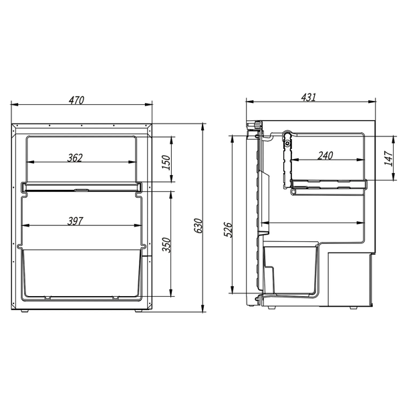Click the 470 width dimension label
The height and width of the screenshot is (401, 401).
[76, 100]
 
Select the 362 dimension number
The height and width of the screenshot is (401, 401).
[75, 158]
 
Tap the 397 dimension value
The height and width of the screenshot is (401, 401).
[75, 221]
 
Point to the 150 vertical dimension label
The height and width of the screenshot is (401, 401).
[166, 162]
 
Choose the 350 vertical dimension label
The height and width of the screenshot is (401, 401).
[166, 245]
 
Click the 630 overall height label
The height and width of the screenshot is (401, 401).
[198, 226]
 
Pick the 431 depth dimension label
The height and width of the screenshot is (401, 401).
[309, 98]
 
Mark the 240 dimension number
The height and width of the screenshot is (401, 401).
[325, 155]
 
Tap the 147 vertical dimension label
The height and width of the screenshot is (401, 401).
[388, 158]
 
